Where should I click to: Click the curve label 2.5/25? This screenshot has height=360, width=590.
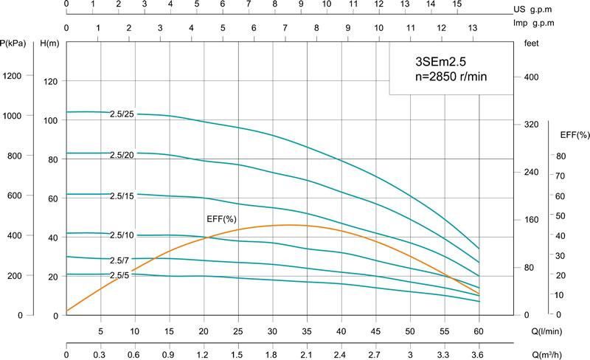coord(122,113)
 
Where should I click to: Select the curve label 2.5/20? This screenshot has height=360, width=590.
coord(122,155)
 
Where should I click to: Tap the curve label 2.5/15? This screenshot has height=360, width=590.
coord(122,195)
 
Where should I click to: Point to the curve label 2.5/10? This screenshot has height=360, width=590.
coord(122,235)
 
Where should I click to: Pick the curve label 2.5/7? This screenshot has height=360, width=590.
coord(119,260)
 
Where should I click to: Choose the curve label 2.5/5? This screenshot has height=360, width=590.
coord(119,275)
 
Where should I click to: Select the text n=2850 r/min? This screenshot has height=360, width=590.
coord(450,76)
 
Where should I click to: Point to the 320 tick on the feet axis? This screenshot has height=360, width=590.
coord(531,125)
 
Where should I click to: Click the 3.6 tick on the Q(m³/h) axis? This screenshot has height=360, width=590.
coord(479,354)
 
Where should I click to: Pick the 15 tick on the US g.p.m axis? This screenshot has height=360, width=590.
coord(457,4)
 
